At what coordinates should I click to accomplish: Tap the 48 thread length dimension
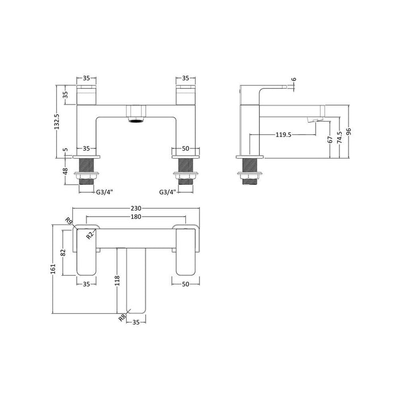pos(65,171)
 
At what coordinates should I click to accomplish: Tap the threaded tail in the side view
pos(250,169)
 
